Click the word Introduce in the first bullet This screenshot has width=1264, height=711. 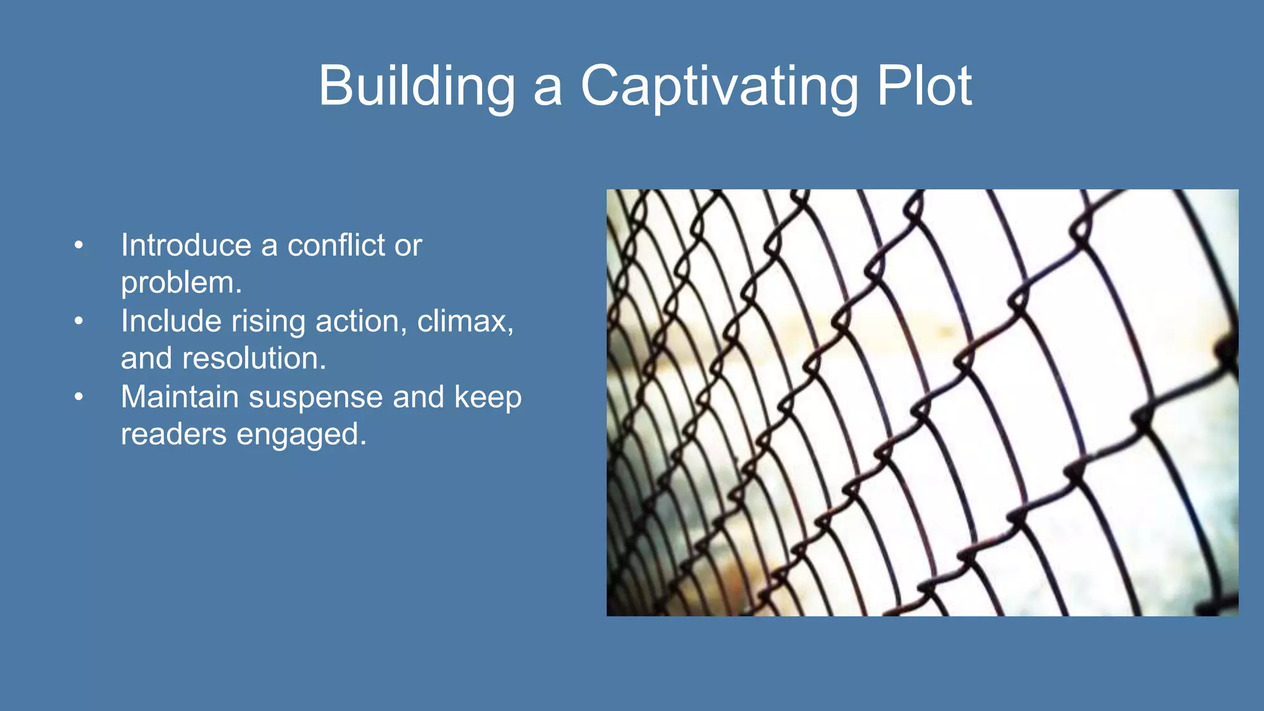[x=186, y=245]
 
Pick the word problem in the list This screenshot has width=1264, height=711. [x=181, y=283]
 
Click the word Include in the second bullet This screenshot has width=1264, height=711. [x=171, y=321]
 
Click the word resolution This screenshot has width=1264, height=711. [x=254, y=359]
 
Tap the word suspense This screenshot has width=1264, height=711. [x=315, y=398]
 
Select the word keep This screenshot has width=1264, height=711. [x=488, y=397]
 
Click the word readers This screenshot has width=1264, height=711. [x=173, y=434]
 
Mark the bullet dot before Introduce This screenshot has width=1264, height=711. [x=78, y=246]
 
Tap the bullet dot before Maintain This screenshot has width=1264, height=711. [x=78, y=397]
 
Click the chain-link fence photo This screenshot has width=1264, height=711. [x=922, y=402]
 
